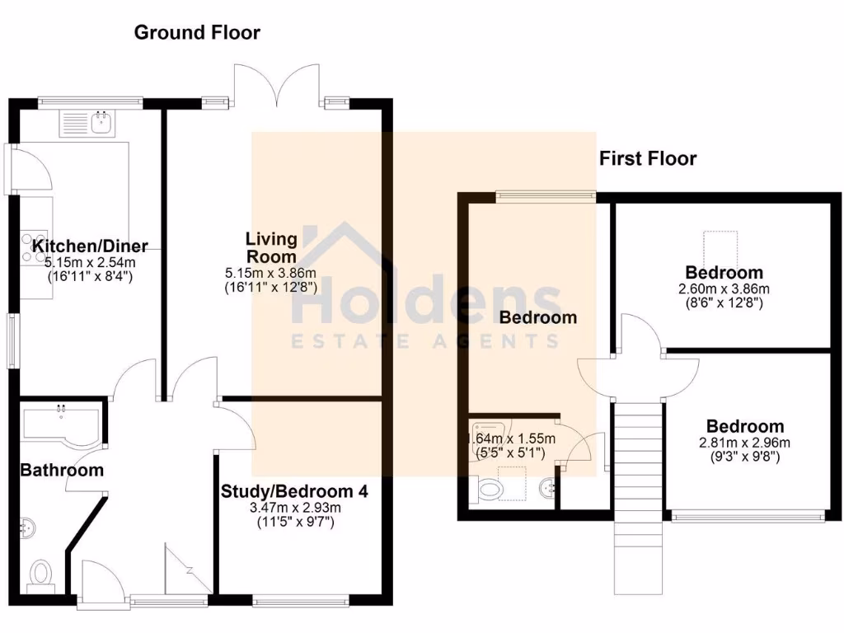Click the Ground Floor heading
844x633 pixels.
[197, 33]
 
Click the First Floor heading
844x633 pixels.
[647, 158]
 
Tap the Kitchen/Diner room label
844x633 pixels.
[90, 246]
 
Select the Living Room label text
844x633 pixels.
[271, 247]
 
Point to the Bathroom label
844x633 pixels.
[62, 471]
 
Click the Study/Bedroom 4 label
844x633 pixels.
[294, 492]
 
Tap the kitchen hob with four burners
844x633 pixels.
[33, 244]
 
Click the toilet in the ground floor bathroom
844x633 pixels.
[40, 572]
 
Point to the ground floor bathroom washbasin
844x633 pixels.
[27, 525]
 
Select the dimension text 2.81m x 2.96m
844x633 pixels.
[744, 443]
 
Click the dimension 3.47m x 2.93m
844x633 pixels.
[294, 508]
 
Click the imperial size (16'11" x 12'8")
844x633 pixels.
[271, 288]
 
